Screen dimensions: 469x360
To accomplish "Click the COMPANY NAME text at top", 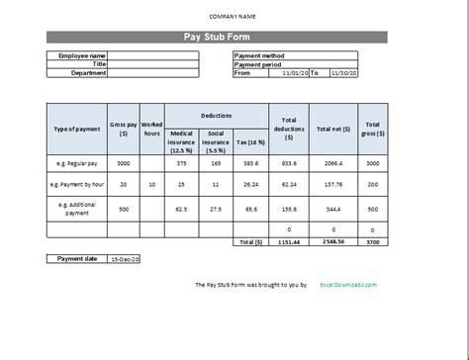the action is click(234, 18).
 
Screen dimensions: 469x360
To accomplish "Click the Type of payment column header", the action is click(76, 129).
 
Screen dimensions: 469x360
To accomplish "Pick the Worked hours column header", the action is click(151, 129).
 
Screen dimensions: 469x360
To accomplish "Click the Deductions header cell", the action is click(217, 114).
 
